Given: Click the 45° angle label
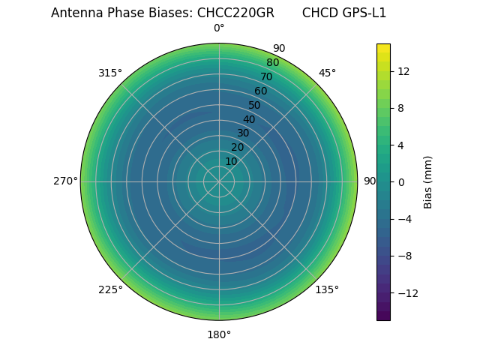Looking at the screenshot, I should click(x=327, y=73).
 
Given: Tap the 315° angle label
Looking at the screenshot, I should click(x=109, y=73).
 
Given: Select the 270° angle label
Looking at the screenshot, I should click(x=65, y=181).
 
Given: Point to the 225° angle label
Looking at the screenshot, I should click(x=109, y=289).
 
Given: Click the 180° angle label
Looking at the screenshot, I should click(x=219, y=334).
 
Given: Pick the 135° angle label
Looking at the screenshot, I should click(x=327, y=289).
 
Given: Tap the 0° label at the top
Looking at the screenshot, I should click(x=219, y=28).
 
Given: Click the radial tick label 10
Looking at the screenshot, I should click(x=231, y=161).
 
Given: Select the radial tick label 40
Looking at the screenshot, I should click(x=249, y=119).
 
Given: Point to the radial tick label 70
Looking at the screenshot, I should click(x=266, y=76).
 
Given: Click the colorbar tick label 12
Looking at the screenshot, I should click(x=403, y=71).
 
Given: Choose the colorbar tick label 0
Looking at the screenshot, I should click(x=401, y=182).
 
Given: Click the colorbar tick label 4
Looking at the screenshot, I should click(x=401, y=145).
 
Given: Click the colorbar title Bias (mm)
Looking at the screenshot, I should click(x=428, y=182).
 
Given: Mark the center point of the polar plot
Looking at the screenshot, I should click(x=219, y=181).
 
